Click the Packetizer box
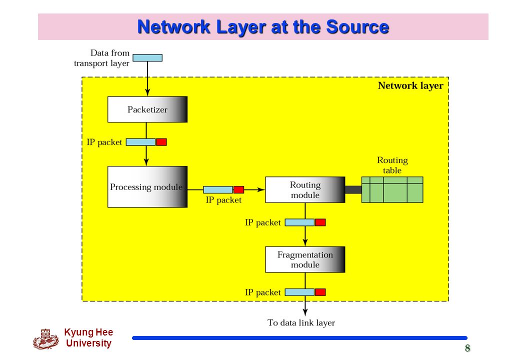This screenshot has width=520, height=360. [147, 109]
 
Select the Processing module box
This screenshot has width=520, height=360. [147, 187]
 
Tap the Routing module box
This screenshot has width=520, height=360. [305, 189]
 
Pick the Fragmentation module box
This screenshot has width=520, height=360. [305, 259]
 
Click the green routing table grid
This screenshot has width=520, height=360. [392, 189]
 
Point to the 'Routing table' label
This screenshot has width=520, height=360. [392, 165]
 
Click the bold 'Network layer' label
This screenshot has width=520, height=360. [410, 86]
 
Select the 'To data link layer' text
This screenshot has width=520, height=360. [301, 322]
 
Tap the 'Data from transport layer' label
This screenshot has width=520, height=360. [101, 58]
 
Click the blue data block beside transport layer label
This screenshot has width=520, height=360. [147, 58]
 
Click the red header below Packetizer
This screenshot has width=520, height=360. [161, 142]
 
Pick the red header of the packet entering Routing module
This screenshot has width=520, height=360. [239, 189]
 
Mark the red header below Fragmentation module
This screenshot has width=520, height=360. [320, 292]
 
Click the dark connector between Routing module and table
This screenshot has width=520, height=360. [353, 189]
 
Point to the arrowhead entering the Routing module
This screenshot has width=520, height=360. [261, 189]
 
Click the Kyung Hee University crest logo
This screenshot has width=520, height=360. [46, 339]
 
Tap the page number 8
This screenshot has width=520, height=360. [467, 348]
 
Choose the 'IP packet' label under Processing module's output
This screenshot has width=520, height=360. [223, 200]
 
